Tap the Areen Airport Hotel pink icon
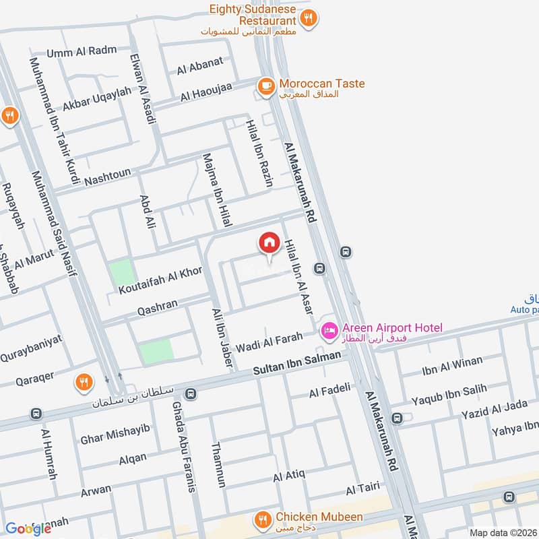tap(329, 329)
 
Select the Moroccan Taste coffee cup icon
tap(267, 86)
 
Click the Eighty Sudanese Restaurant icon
tap(308, 18)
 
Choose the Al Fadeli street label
tap(330, 389)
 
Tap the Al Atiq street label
tap(289, 477)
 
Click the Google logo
tap(28, 528)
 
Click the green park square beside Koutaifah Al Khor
tap(122, 272)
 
